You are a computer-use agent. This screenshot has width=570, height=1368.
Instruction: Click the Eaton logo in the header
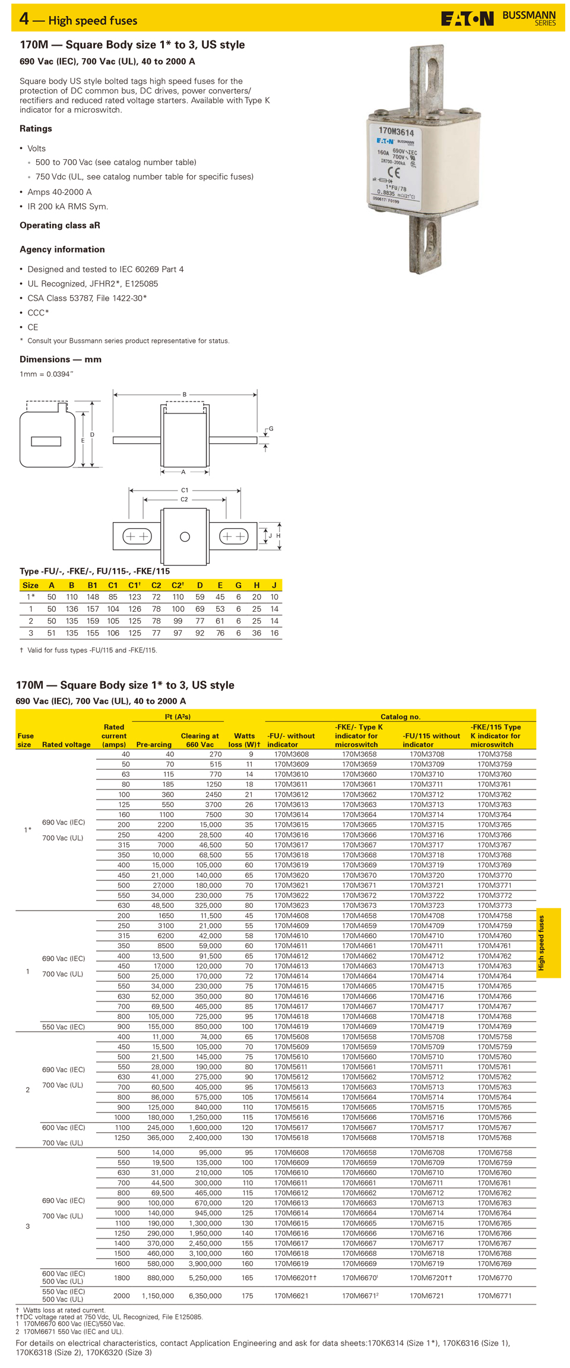467,19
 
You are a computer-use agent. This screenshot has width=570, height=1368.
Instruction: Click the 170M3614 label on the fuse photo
396,131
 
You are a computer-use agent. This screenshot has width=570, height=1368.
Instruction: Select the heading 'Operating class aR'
60,225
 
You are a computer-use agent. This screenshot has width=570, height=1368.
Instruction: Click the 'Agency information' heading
62,249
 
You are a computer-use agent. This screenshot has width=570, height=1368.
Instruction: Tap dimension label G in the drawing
271,428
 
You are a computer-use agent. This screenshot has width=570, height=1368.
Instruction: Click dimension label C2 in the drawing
184,500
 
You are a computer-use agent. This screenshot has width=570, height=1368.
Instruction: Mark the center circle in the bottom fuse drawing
185,537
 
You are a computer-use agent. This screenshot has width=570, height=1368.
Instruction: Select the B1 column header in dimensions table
93,585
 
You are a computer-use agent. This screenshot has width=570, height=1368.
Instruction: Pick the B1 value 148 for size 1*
93,597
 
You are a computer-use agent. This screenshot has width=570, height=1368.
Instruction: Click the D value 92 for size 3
199,633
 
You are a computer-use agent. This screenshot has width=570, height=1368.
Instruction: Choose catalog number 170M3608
292,754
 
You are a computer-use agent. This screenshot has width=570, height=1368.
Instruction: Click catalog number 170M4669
359,1026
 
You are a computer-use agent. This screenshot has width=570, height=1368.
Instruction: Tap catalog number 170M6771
495,1296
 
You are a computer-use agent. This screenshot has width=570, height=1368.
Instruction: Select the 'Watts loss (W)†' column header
244,740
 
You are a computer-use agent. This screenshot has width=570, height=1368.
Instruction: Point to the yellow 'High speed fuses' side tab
547,943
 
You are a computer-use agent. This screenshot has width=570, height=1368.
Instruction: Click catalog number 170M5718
427,1138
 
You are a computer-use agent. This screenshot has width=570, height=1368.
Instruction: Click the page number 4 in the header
24,19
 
